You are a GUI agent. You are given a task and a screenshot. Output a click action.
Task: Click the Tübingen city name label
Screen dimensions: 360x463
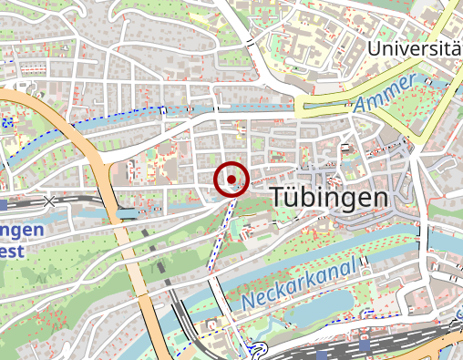[x=329, y=197]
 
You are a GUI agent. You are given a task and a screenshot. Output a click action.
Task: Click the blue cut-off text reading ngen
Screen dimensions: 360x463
[x=21, y=231]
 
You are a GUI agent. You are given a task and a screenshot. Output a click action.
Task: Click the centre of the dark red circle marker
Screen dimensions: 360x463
[x=231, y=180]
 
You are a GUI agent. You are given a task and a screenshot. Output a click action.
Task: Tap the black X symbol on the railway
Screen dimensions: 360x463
[x=48, y=200]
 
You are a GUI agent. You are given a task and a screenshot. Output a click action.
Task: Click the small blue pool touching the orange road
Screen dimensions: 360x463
[x=128, y=213]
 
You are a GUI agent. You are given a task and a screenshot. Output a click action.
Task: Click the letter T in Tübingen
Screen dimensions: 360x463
[x=280, y=196]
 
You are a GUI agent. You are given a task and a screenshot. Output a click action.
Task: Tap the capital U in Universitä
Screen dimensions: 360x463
[x=375, y=47]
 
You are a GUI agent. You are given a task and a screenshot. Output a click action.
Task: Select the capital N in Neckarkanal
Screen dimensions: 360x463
[x=249, y=299]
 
